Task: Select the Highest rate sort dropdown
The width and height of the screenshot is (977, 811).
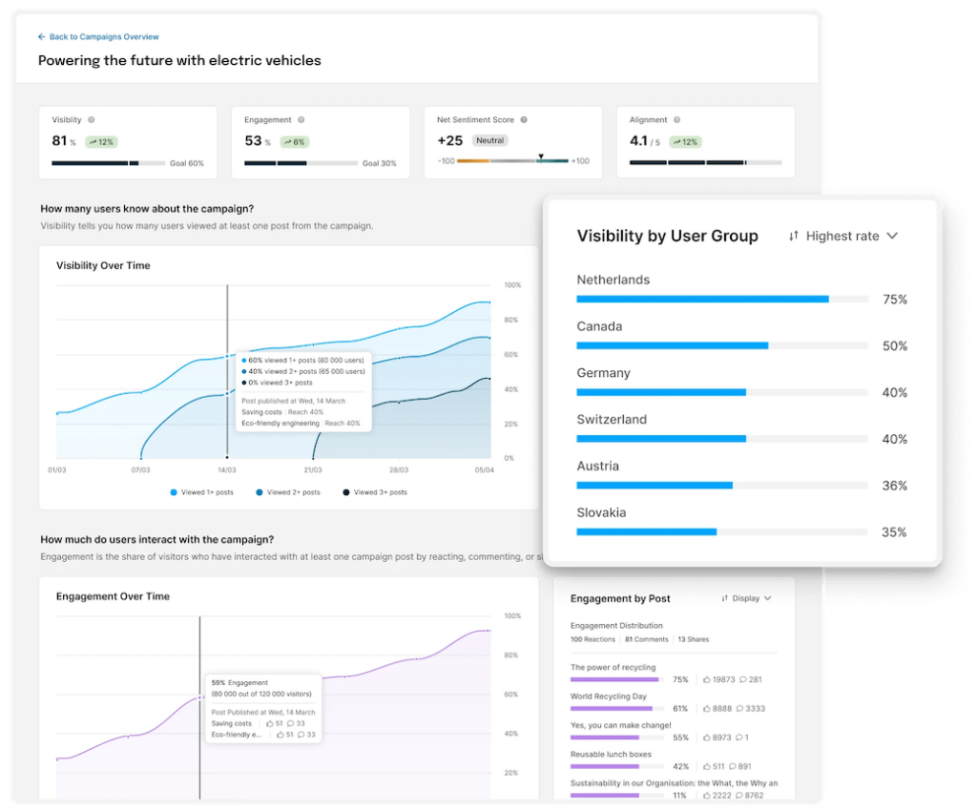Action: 843,236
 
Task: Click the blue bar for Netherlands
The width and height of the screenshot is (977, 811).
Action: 702,299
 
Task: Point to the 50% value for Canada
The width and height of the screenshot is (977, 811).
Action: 894,346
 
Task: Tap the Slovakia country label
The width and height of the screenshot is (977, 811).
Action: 601,512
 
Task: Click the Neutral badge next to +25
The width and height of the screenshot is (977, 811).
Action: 490,140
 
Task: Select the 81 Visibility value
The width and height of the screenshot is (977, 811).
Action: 59,140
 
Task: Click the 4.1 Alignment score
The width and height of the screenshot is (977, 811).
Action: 639,140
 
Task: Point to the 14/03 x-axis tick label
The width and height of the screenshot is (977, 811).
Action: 227,470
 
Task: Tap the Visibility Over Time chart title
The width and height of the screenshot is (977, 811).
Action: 103,265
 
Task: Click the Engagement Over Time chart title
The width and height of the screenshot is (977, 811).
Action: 113,596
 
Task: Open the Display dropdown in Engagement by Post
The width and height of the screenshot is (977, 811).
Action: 746,598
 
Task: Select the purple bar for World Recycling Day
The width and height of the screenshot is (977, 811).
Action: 612,709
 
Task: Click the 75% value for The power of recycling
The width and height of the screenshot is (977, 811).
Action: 680,679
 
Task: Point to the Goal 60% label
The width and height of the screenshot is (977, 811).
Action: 187,163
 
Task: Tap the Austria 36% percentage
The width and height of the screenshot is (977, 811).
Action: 894,486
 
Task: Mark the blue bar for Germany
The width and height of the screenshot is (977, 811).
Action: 661,392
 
